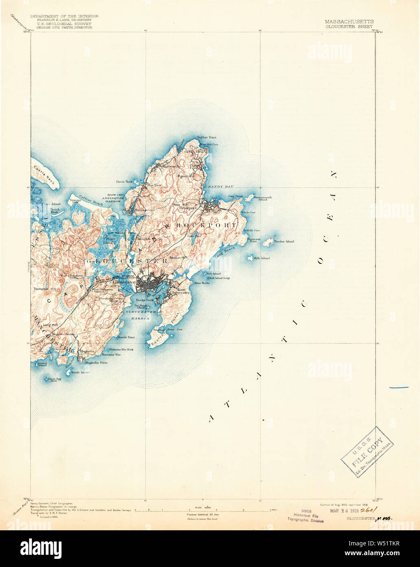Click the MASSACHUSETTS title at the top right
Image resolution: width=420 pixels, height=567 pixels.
[x=349, y=21]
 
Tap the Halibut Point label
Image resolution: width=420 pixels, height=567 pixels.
[x=206, y=137]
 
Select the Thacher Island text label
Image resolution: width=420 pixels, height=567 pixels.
[x=284, y=241]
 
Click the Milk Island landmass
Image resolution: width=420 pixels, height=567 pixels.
[x=249, y=258]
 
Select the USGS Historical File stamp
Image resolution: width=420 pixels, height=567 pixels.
[x=306, y=516]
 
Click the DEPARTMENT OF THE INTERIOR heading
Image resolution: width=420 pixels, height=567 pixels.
[x=64, y=16]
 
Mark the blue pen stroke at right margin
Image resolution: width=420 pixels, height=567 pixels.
[x=399, y=387]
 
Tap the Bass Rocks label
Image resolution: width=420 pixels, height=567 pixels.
[x=202, y=283]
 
